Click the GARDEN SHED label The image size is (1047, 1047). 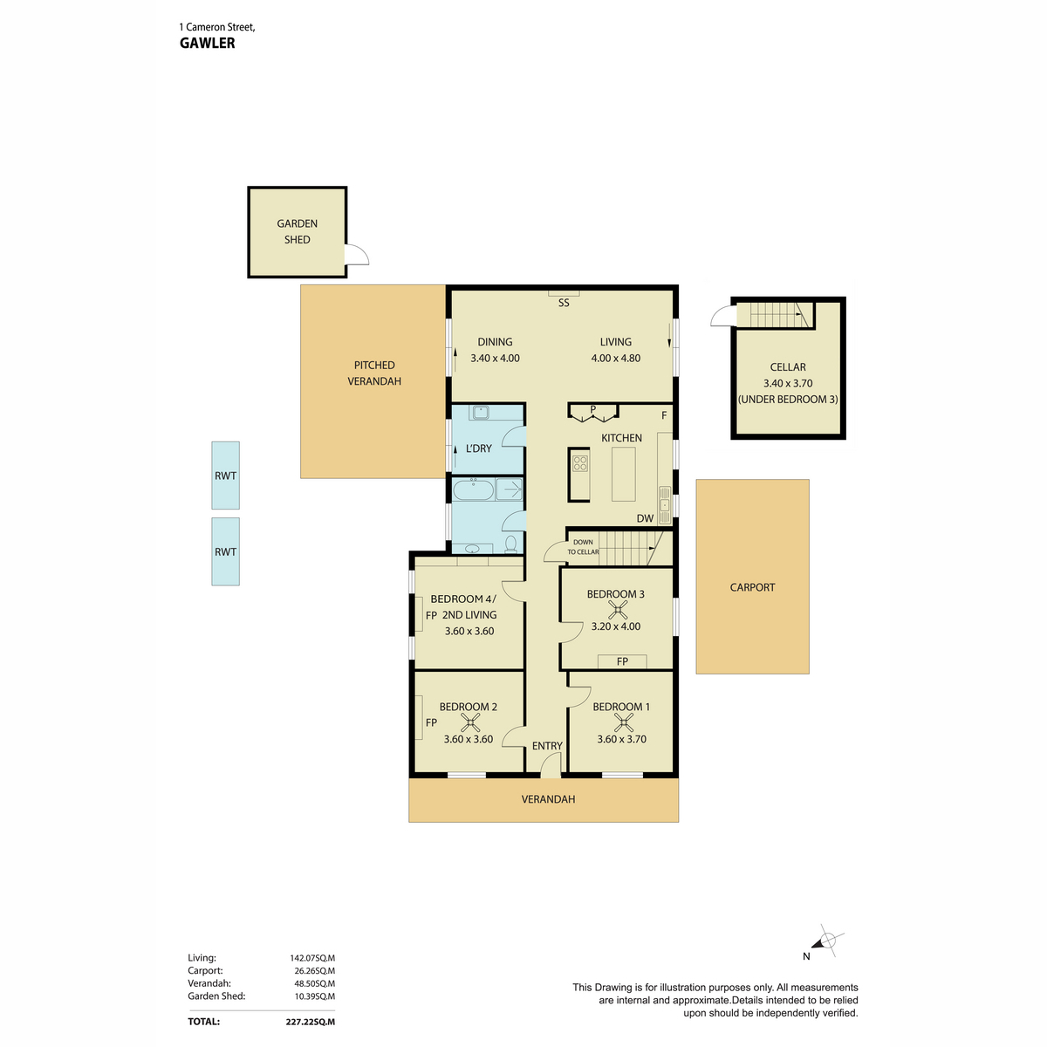point(297,231)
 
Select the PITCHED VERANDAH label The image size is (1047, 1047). point(373,373)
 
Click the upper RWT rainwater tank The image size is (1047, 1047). point(225,476)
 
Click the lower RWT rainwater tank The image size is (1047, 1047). point(225,551)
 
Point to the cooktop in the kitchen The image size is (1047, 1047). point(579,463)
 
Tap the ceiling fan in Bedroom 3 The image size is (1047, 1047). point(619,611)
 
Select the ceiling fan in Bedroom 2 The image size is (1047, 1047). point(470,723)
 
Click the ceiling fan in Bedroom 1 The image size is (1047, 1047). point(624,723)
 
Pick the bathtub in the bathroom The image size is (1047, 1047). point(473,489)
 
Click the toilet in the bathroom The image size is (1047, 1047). point(510,544)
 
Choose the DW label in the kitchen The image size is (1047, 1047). point(645,518)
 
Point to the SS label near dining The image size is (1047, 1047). point(564,303)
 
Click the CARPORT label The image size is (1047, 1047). point(752,587)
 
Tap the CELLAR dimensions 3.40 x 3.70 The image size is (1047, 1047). point(788,383)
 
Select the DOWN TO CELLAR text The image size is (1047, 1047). point(583,546)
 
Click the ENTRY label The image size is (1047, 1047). point(547,746)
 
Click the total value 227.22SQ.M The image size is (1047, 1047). point(311,1022)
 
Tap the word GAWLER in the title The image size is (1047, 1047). point(207,44)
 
